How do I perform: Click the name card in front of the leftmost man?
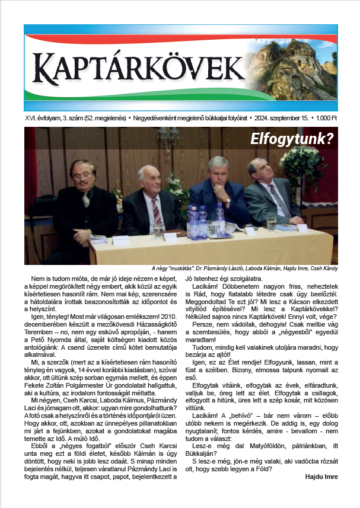(x=121, y=239)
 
